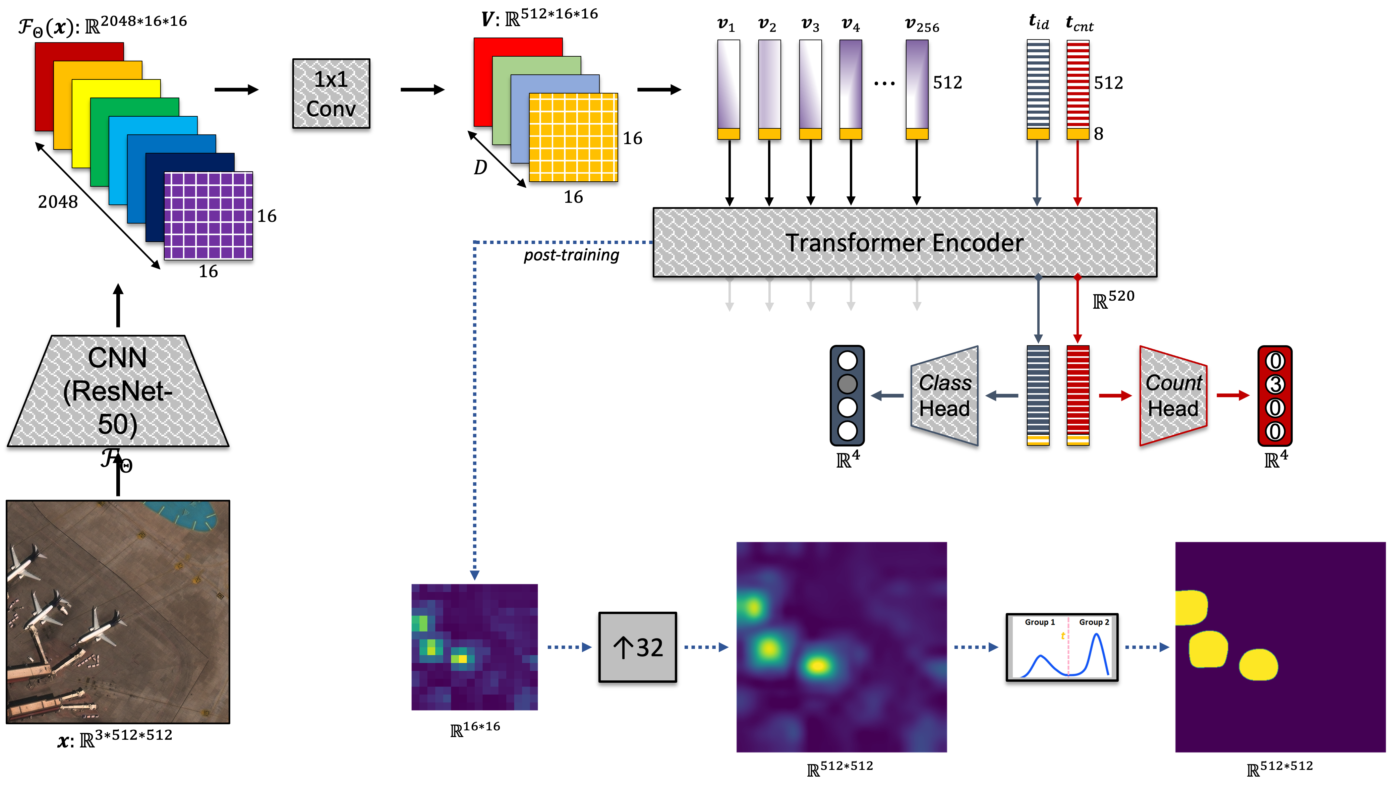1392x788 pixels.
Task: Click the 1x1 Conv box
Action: (x=331, y=94)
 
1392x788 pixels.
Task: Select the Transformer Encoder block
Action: (x=905, y=242)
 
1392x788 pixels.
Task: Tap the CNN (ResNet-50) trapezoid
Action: (x=118, y=391)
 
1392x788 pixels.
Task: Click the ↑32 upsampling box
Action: (x=638, y=647)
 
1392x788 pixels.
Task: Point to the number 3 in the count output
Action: (x=1275, y=384)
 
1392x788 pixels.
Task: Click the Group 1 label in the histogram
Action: (x=1039, y=622)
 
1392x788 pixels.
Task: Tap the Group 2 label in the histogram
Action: (x=1094, y=622)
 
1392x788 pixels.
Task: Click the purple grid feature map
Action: (x=209, y=216)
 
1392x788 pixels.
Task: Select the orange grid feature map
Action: (x=573, y=137)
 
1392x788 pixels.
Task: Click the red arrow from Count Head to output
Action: (x=1233, y=396)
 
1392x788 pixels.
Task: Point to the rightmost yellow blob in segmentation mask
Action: (x=1258, y=665)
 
